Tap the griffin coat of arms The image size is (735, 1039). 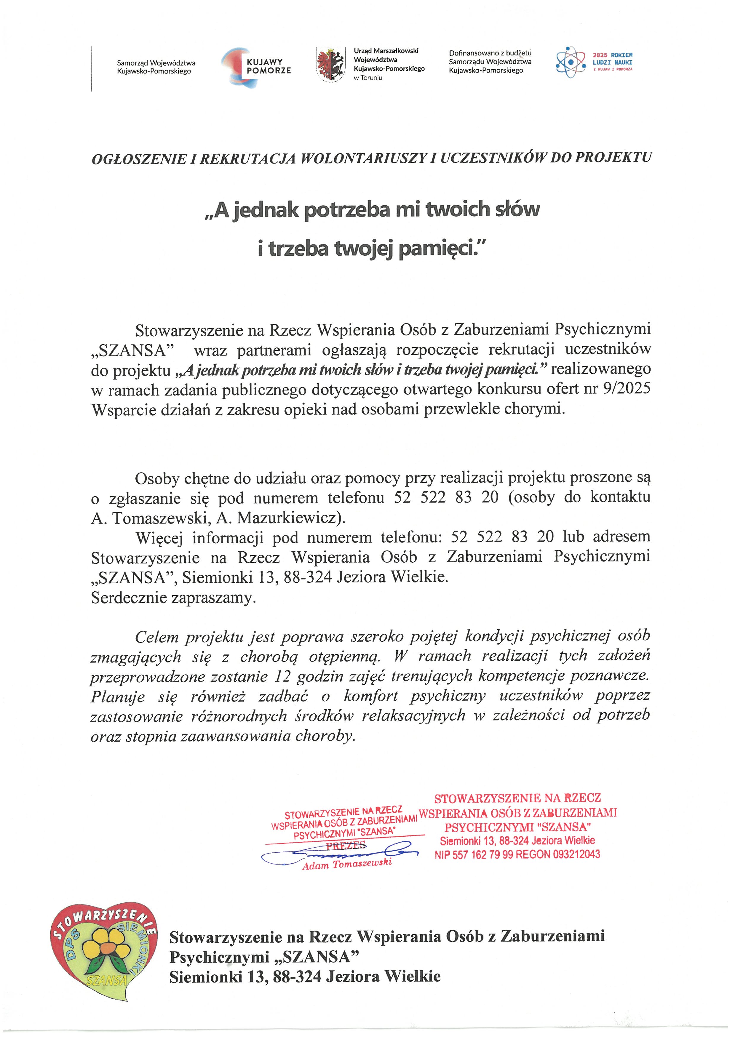tap(329, 65)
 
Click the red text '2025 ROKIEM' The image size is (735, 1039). tap(612, 55)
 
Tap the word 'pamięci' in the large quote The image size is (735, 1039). tap(441, 249)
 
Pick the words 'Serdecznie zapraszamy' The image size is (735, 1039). tap(173, 598)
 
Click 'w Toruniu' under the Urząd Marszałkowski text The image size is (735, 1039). tap(368, 78)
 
